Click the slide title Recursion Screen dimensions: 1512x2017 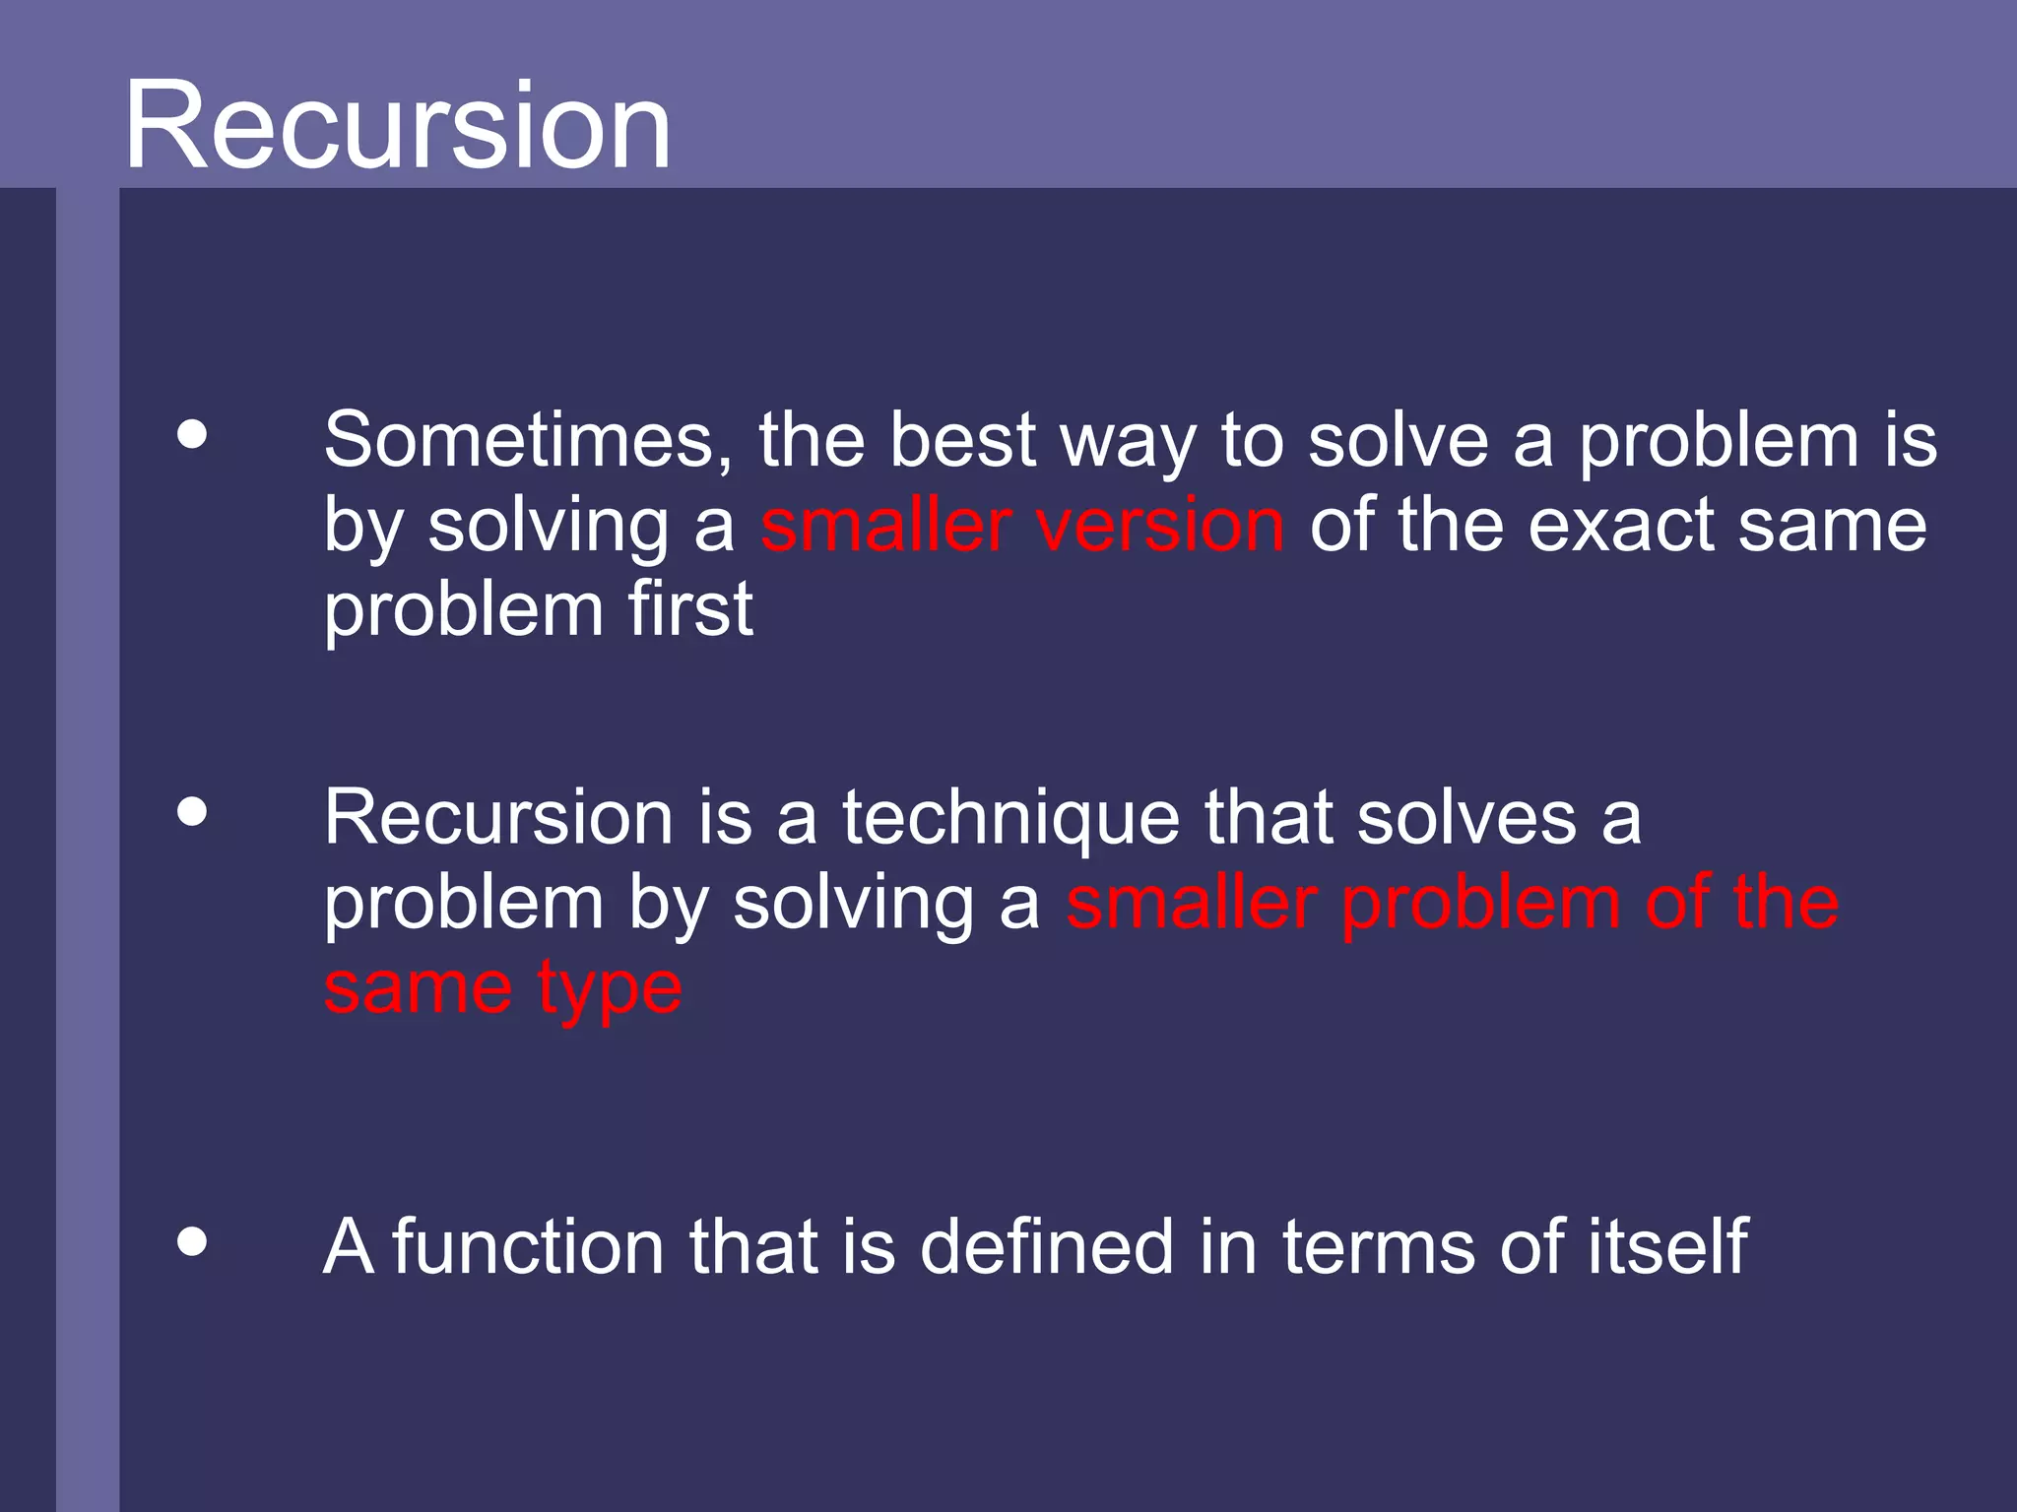397,126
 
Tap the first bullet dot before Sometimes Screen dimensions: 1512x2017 193,434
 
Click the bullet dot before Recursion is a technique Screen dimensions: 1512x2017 193,812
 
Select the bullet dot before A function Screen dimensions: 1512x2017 193,1241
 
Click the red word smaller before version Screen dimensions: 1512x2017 885,525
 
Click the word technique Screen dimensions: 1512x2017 1010,820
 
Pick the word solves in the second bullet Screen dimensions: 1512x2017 1466,818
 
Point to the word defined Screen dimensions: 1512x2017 1047,1247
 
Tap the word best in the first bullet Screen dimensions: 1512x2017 962,440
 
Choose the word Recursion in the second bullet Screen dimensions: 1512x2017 498,818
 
